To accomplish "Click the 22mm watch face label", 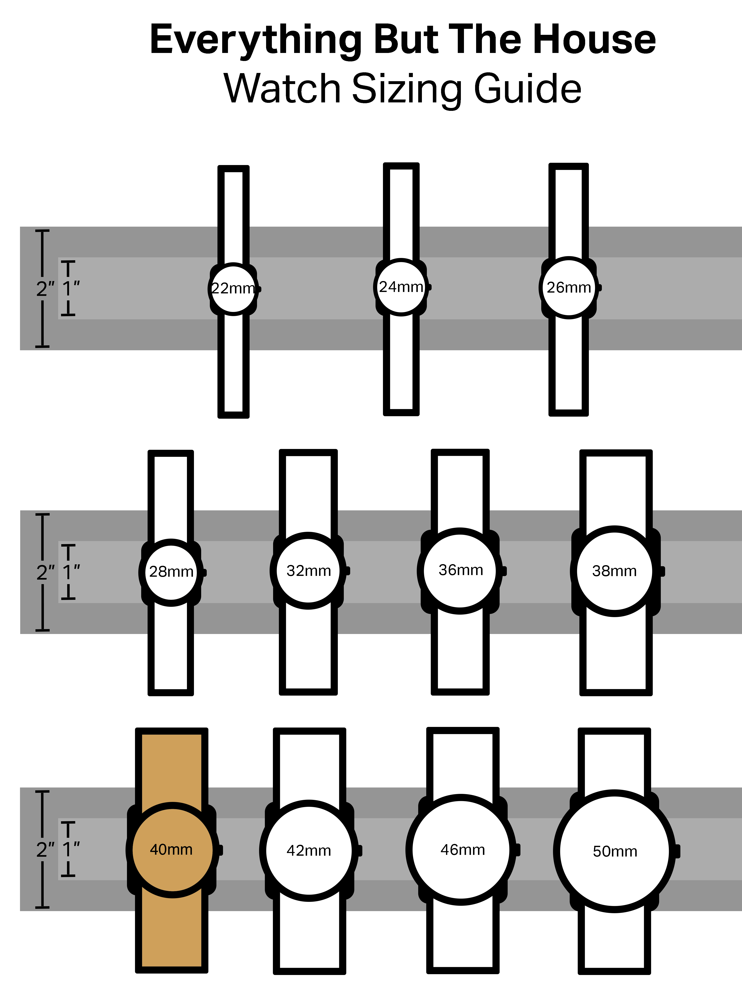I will [x=233, y=288].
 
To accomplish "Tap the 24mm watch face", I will [x=401, y=287].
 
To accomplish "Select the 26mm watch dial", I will [x=568, y=287].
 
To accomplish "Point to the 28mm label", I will [x=171, y=571].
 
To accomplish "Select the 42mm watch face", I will [x=309, y=850].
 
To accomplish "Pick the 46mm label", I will [x=463, y=850].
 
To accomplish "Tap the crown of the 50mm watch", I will [x=677, y=851].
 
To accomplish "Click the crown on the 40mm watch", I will [x=220, y=850].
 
